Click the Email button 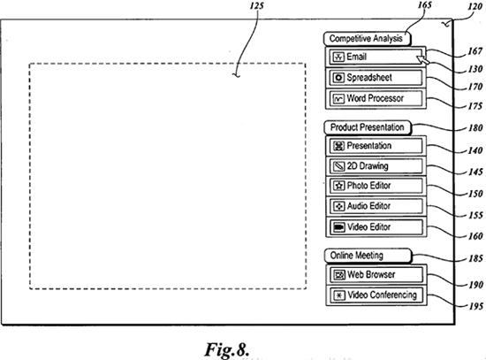pyautogui.click(x=376, y=57)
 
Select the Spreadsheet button pyautogui.click(x=376, y=78)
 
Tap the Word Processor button pyautogui.click(x=376, y=99)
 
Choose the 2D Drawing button pyautogui.click(x=376, y=166)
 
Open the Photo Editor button pyautogui.click(x=376, y=186)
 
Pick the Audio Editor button pyautogui.click(x=376, y=206)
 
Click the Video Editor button pyautogui.click(x=376, y=227)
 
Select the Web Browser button pyautogui.click(x=376, y=275)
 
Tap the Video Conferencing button pyautogui.click(x=376, y=295)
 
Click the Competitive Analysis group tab pyautogui.click(x=367, y=39)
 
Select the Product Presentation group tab pyautogui.click(x=368, y=127)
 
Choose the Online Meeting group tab pyautogui.click(x=368, y=256)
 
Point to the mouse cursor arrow pyautogui.click(x=422, y=59)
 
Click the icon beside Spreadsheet pyautogui.click(x=338, y=78)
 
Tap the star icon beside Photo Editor pyautogui.click(x=338, y=186)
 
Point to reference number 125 pyautogui.click(x=256, y=5)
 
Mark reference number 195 pyautogui.click(x=475, y=307)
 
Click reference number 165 pyautogui.click(x=425, y=5)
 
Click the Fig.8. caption pyautogui.click(x=227, y=349)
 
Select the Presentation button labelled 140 pyautogui.click(x=376, y=146)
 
